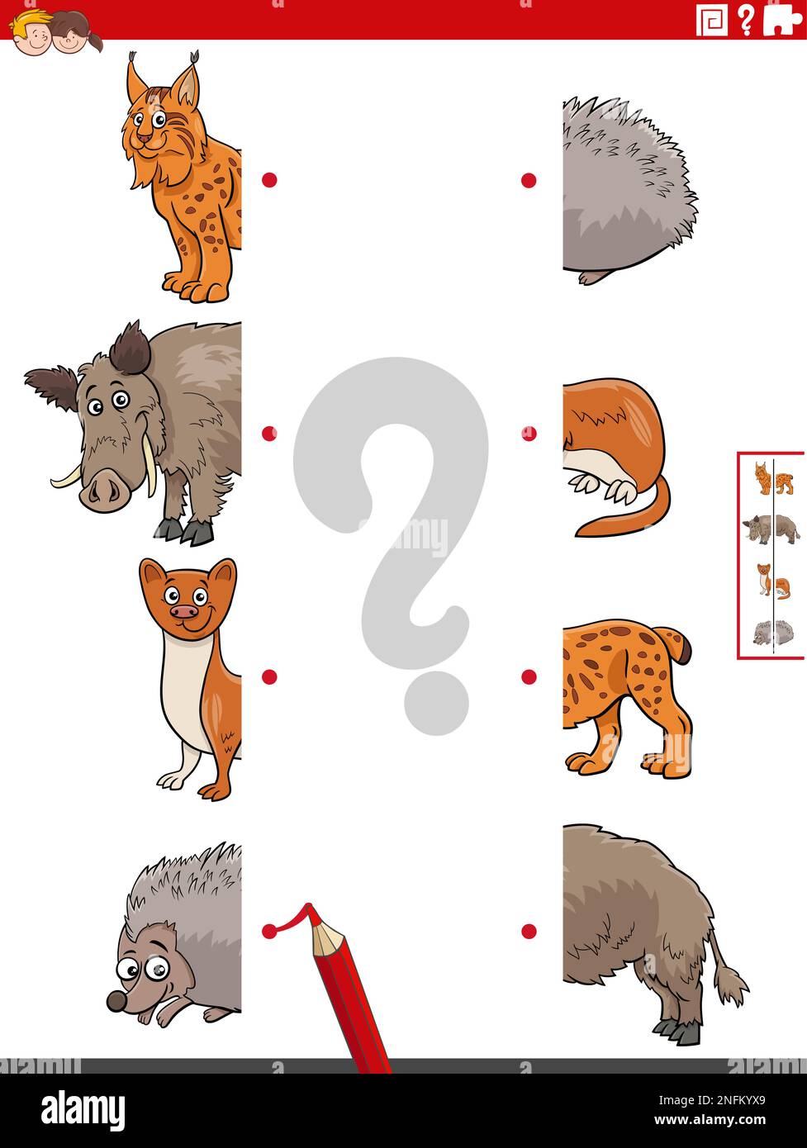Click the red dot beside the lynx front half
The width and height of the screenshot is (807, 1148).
(x=269, y=179)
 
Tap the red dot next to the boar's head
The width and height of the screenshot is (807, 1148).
(x=269, y=433)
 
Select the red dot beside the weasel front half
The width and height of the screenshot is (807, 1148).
(x=269, y=676)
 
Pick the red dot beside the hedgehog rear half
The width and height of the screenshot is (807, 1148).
(x=529, y=180)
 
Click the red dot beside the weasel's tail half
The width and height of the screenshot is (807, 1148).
(x=529, y=433)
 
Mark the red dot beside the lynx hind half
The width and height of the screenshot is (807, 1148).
(x=529, y=676)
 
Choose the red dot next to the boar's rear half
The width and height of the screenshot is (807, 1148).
(x=529, y=931)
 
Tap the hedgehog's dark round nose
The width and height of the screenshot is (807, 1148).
(x=116, y=1002)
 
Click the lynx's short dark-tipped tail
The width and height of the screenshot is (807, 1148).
(x=681, y=644)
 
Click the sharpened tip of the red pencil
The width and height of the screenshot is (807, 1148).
(x=309, y=910)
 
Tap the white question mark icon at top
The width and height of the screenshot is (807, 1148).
(x=746, y=19)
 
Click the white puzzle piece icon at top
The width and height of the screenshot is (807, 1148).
(x=781, y=19)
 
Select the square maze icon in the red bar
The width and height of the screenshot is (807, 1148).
(x=711, y=20)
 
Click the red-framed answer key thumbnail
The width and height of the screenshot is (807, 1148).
(x=771, y=555)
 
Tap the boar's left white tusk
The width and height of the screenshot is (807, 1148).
(x=66, y=478)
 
